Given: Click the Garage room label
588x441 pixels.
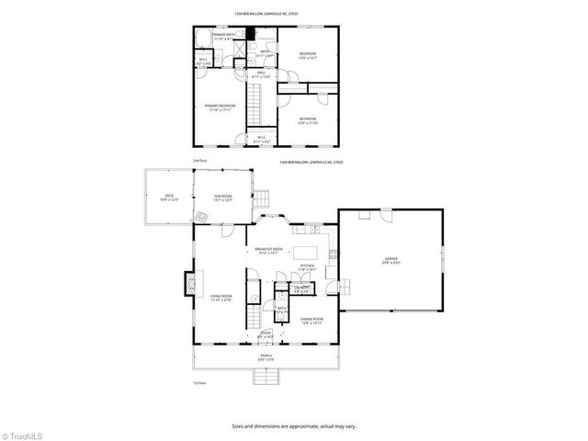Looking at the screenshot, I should tap(391, 261).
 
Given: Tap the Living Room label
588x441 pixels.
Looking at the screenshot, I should tap(220, 298).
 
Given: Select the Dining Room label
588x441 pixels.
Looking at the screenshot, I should tap(311, 320).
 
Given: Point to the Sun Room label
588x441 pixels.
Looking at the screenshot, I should tap(223, 197).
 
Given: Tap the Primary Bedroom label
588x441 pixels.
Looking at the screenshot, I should tap(220, 107).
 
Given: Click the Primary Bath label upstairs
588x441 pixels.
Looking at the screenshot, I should tap(224, 37).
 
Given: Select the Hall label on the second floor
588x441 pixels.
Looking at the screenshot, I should tap(261, 74).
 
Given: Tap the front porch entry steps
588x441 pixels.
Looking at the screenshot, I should tap(266, 377).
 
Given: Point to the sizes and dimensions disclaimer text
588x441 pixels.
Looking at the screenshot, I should tap(294, 426).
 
